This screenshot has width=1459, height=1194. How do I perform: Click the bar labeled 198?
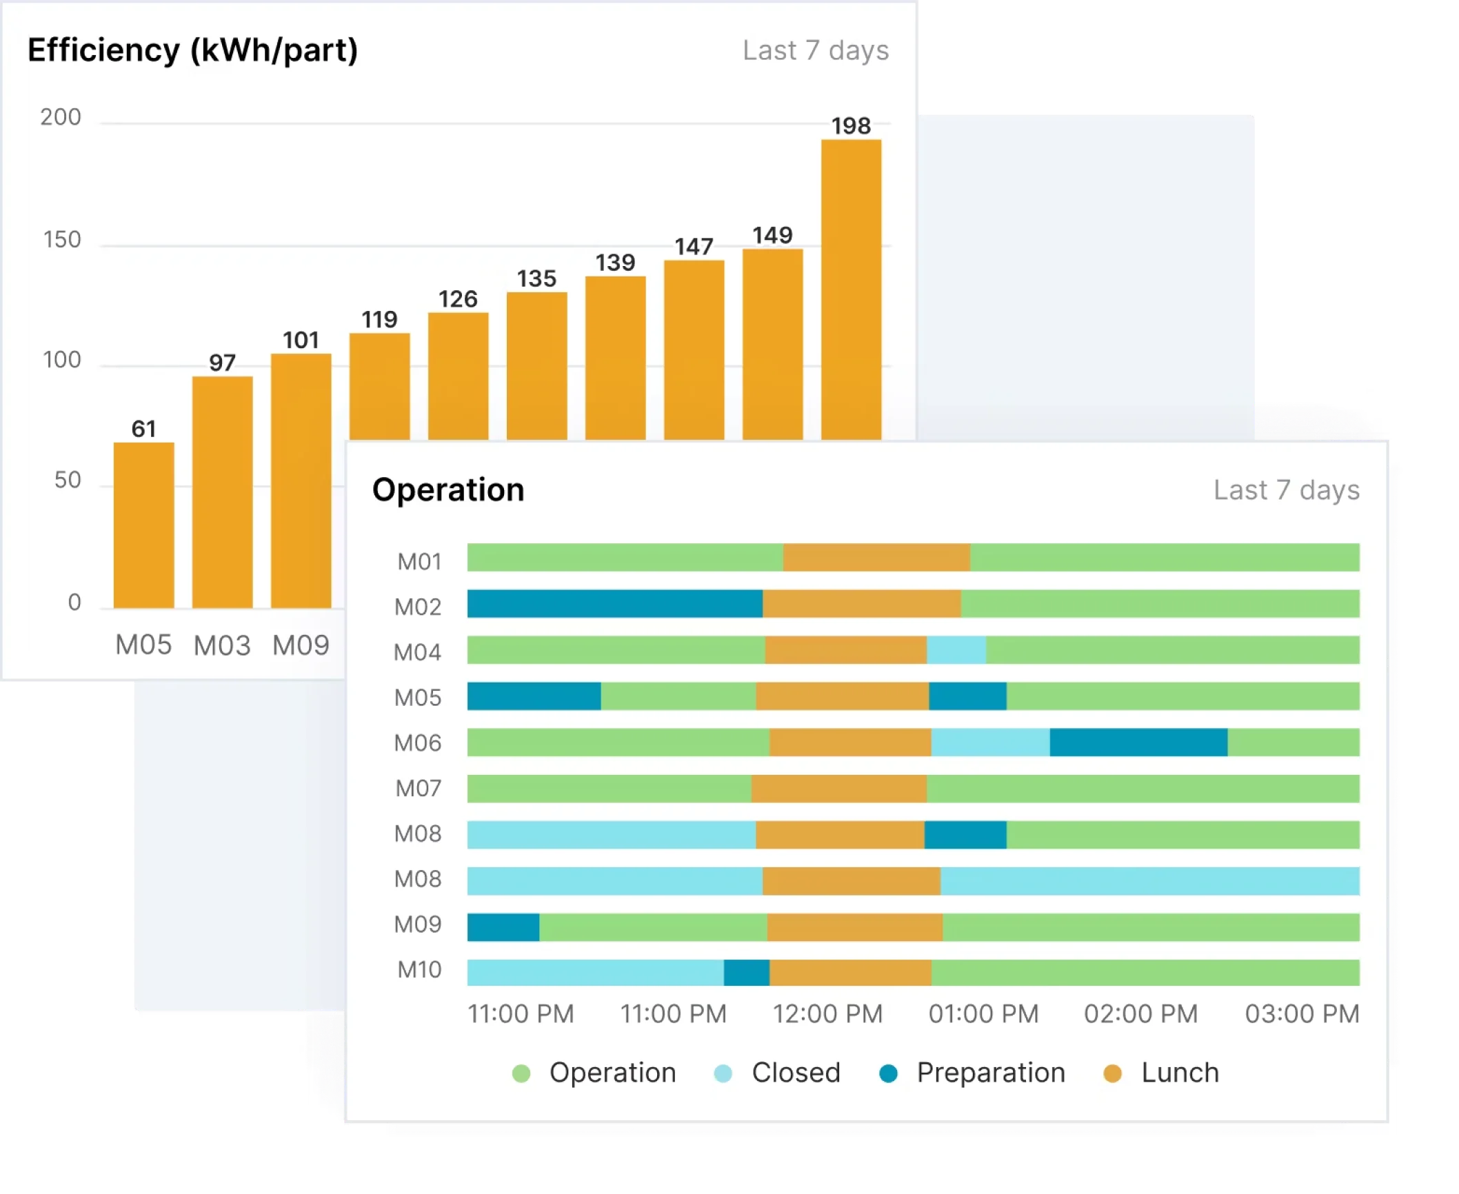(851, 290)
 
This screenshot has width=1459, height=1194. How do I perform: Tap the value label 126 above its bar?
(458, 299)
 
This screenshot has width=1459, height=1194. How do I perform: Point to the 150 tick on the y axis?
(62, 240)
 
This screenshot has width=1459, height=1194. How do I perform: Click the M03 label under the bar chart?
(222, 645)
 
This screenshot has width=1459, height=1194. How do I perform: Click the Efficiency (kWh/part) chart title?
(192, 51)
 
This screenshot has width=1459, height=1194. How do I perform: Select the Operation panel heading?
(448, 490)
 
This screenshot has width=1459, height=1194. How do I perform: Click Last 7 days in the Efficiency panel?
(816, 51)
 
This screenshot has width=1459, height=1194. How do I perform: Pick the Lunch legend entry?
(1179, 1073)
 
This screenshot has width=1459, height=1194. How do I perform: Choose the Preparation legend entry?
(990, 1073)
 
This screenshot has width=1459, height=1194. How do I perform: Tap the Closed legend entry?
(795, 1073)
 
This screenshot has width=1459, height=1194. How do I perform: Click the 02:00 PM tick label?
(1140, 1014)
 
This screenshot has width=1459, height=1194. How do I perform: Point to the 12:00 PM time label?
(827, 1014)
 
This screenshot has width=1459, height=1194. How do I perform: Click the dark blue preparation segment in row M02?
(614, 604)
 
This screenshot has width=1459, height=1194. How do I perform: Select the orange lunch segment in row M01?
(876, 558)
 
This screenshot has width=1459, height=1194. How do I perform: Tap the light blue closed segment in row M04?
(956, 650)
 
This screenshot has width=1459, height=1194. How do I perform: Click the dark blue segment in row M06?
(1138, 742)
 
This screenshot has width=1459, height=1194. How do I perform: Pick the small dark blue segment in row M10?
(747, 973)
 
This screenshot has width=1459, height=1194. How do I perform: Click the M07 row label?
(418, 788)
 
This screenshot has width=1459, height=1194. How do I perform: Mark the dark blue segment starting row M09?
(503, 927)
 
